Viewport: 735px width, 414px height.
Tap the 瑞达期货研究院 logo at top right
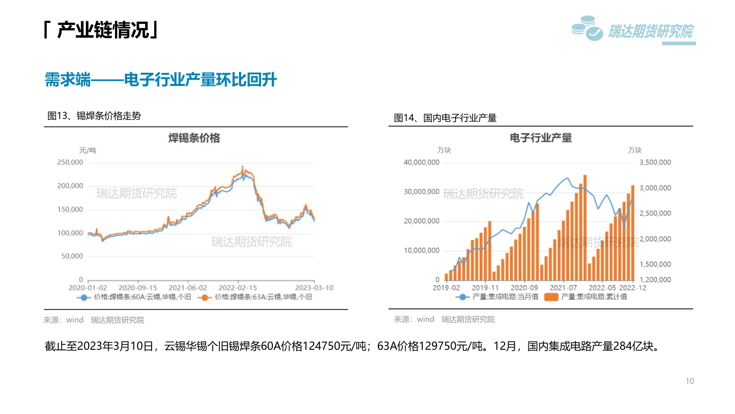(633, 30)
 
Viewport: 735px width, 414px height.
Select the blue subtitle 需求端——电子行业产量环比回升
(161, 80)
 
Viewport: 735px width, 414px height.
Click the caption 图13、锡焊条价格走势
(94, 116)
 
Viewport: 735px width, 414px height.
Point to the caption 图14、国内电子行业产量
(445, 118)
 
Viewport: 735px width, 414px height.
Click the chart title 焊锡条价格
(194, 138)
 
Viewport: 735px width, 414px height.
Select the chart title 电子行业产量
(541, 137)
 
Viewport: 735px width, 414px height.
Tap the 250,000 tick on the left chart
(70, 162)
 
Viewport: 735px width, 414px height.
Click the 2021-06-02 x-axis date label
(188, 288)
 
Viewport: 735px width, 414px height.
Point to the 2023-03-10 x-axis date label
(314, 288)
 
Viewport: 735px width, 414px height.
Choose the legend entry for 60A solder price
(134, 297)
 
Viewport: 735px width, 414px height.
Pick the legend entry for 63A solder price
(255, 297)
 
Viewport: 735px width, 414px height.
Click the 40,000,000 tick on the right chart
(421, 162)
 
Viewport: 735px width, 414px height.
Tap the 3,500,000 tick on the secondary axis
(656, 162)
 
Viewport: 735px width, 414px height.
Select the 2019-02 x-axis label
(446, 288)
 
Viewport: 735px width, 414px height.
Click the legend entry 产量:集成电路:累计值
(586, 297)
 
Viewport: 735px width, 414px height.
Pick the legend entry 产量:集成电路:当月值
(497, 297)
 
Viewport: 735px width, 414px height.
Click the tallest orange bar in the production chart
(585, 228)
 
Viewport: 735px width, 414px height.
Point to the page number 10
(690, 381)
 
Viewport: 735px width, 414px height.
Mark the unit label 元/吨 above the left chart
(87, 151)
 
